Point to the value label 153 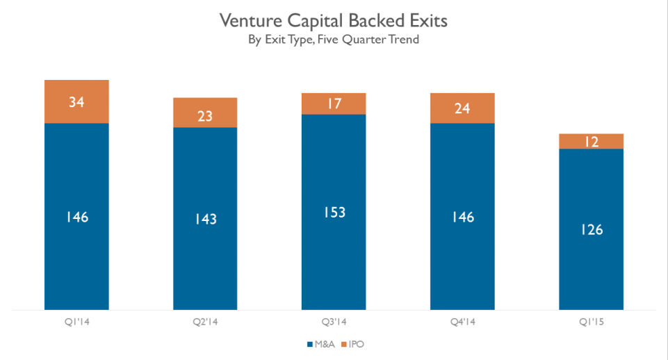click(x=334, y=213)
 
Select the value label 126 click(x=592, y=230)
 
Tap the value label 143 click(x=205, y=219)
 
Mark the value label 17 click(x=334, y=104)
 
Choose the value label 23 click(x=205, y=116)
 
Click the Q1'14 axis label click(x=76, y=321)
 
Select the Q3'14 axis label click(x=334, y=321)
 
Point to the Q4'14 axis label click(x=462, y=321)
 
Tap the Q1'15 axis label click(x=591, y=321)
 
